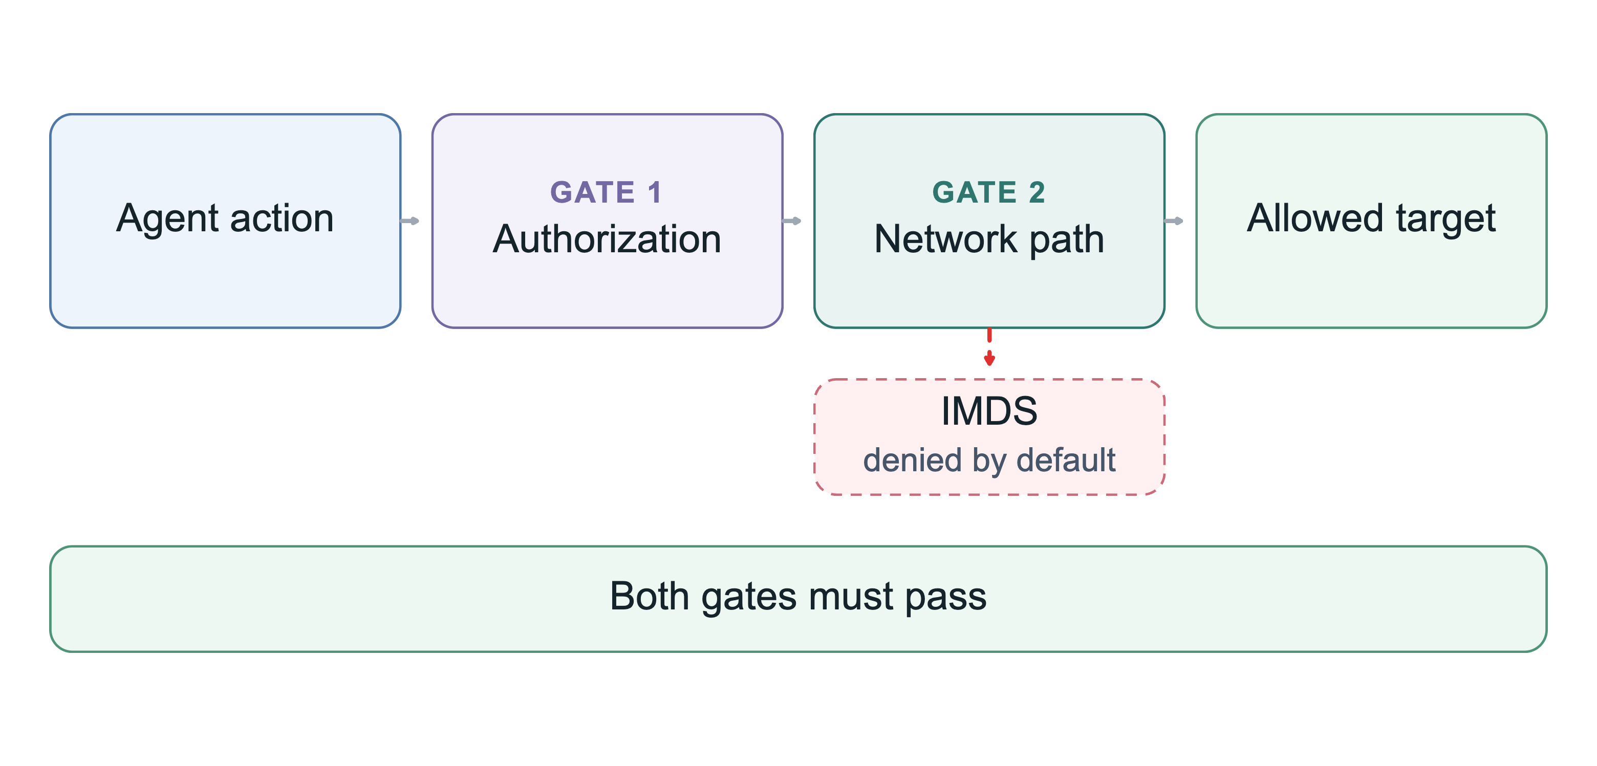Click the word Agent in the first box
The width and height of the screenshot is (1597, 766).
pos(168,220)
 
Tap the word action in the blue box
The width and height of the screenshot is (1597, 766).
pos(282,219)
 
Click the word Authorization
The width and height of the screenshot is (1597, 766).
pos(607,239)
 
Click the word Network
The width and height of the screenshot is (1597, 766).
pos(946,239)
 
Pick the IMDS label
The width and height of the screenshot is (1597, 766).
pos(989,411)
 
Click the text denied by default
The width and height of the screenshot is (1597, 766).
pos(989,461)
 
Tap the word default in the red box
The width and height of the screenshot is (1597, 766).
pos(1066,460)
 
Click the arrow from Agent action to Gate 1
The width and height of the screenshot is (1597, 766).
pos(410,221)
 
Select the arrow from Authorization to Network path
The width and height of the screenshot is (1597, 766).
pos(792,221)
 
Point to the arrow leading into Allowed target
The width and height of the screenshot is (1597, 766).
pos(1174,221)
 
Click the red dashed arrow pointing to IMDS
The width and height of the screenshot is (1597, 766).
pos(989,347)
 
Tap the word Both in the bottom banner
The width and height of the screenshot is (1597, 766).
pos(650,596)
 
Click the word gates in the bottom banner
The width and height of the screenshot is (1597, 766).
pos(749,598)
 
